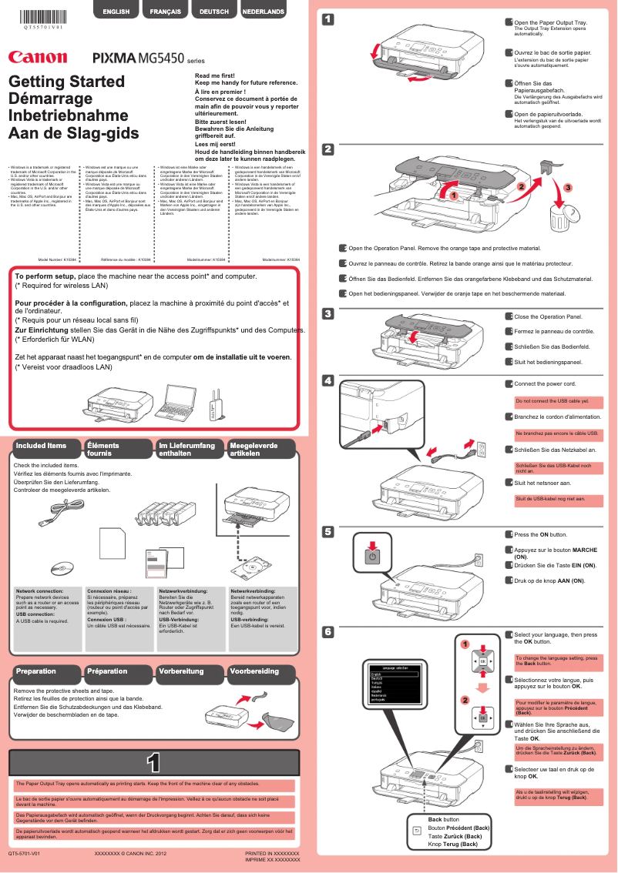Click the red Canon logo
point(38,56)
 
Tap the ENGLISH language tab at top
point(116,12)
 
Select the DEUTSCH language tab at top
point(213,12)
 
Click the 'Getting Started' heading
point(66,82)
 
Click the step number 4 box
point(327,380)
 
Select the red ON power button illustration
point(372,557)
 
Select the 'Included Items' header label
point(42,446)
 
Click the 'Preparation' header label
point(36,671)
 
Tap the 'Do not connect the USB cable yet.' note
point(553,401)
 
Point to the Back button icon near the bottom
point(417,831)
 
